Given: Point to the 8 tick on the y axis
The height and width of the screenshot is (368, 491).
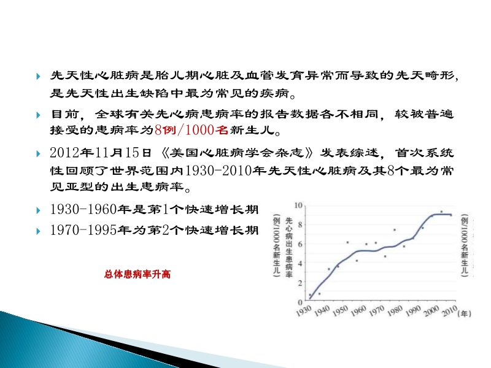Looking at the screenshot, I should pyautogui.click(x=300, y=224).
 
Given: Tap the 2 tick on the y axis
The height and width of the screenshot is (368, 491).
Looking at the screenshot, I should pyautogui.click(x=300, y=282).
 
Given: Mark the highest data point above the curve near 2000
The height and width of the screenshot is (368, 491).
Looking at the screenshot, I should pyautogui.click(x=441, y=212).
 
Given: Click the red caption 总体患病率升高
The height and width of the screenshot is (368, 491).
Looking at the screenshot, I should pyautogui.click(x=137, y=275).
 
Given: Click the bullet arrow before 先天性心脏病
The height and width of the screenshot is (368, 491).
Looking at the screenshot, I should pyautogui.click(x=39, y=77).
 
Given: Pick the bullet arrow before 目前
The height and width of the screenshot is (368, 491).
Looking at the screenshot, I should pyautogui.click(x=39, y=115).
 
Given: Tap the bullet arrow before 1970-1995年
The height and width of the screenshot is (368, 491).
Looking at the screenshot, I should pyautogui.click(x=39, y=231).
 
